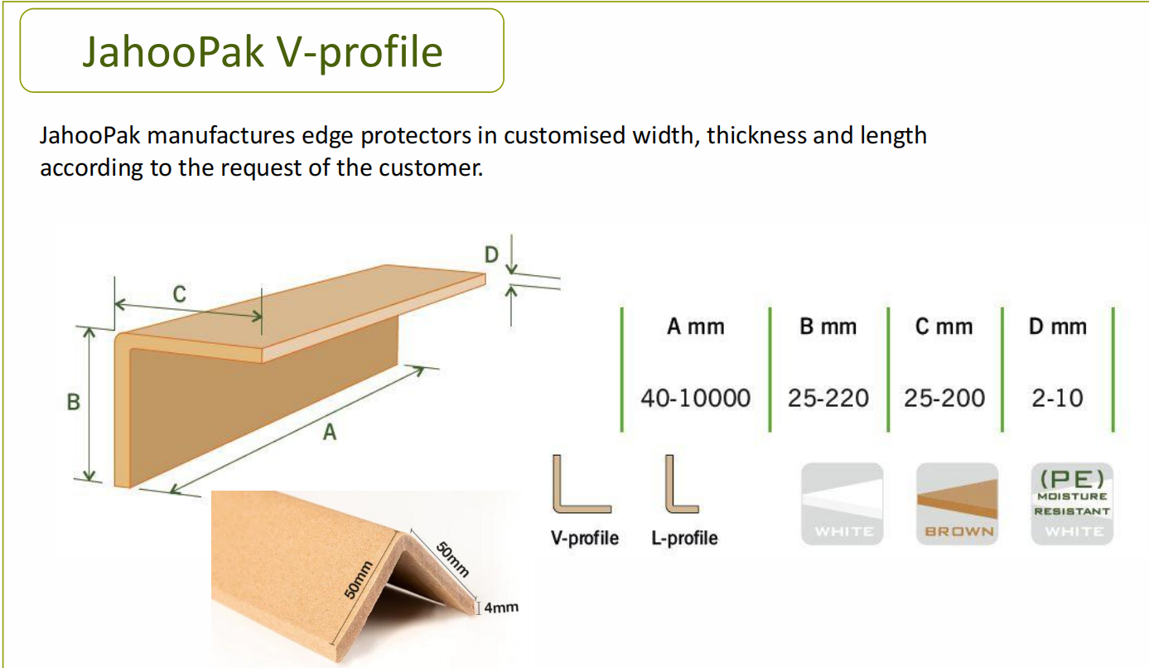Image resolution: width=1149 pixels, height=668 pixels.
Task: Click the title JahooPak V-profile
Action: [x=262, y=52]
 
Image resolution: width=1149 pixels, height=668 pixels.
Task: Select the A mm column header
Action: [x=696, y=327]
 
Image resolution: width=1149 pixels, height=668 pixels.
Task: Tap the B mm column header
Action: [x=828, y=327]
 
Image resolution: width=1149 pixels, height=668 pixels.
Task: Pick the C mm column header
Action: [x=944, y=327]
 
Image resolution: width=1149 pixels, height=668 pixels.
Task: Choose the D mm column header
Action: [x=1058, y=327]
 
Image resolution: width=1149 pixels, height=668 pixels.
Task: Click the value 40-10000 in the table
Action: [x=696, y=398]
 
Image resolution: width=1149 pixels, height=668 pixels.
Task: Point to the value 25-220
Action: [x=828, y=398]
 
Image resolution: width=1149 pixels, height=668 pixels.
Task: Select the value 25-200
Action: [x=944, y=398]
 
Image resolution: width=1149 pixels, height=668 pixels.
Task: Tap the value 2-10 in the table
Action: [x=1058, y=398]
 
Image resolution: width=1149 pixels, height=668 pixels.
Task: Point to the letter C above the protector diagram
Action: [x=180, y=294]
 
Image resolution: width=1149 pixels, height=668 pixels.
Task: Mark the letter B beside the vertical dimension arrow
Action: [x=74, y=402]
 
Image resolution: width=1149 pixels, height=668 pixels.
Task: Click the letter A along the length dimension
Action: [x=330, y=432]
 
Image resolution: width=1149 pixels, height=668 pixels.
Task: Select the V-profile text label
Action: [x=584, y=538]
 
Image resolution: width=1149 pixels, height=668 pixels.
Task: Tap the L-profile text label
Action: [x=685, y=538]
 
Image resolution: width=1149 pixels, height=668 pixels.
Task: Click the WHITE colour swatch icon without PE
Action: [x=842, y=504]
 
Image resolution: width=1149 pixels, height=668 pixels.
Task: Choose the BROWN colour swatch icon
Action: [x=957, y=504]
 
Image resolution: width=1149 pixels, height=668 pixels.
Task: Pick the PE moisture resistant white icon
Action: [x=1072, y=504]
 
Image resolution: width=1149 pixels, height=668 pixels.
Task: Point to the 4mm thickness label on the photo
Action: [x=501, y=607]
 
